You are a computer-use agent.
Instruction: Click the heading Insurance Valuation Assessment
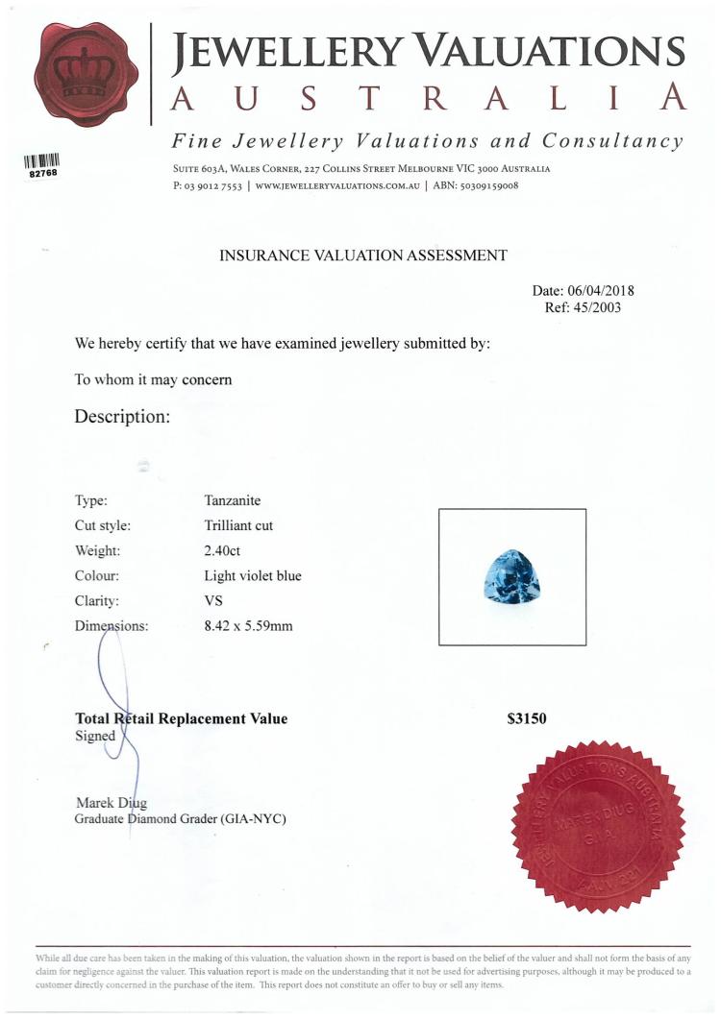363,255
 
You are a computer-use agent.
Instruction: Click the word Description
122,417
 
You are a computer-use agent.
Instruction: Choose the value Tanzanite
233,501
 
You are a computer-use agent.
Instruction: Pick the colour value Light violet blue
253,576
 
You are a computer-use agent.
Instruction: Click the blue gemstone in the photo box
511,577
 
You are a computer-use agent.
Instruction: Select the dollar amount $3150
528,718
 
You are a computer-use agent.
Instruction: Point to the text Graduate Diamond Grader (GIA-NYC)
180,819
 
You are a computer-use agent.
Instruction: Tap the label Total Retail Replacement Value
181,718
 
